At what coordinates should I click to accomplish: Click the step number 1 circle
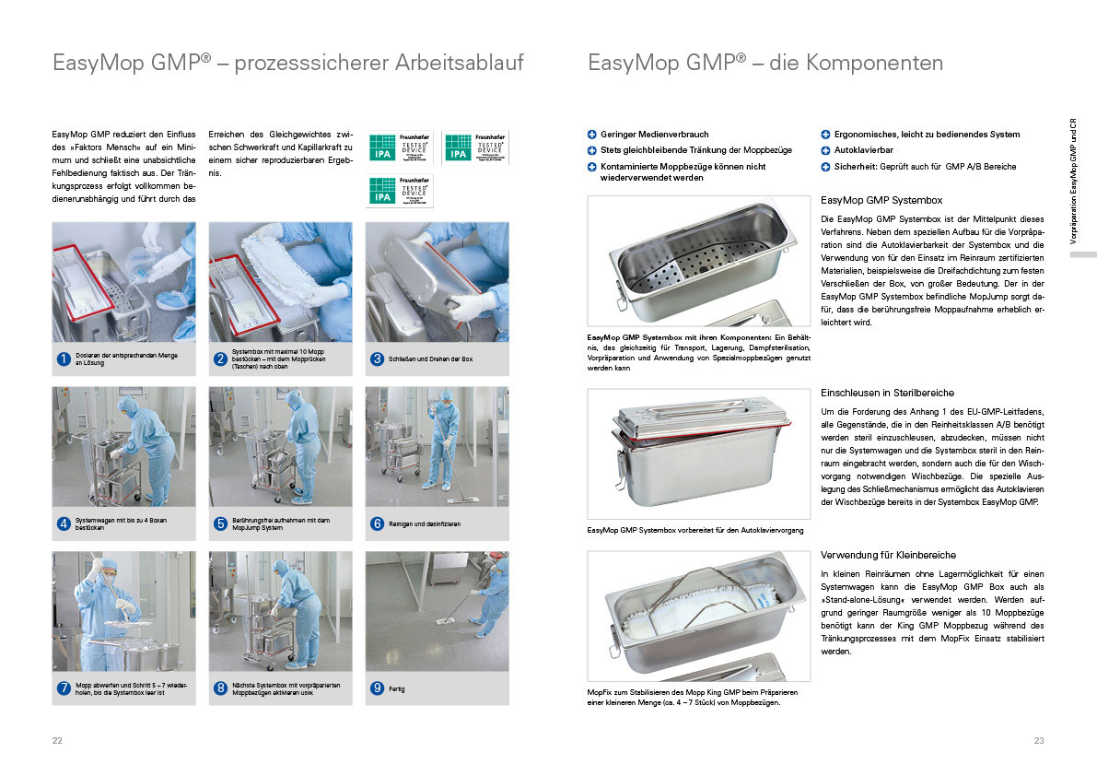point(64,359)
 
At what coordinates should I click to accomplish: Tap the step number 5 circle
point(220,523)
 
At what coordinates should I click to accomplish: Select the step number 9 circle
point(377,688)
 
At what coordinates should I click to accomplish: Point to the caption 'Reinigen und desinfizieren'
point(425,523)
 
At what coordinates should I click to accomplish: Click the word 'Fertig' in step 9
point(398,688)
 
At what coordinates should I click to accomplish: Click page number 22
point(57,741)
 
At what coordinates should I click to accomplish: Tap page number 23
point(1039,741)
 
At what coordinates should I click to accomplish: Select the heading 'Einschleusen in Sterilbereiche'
point(887,393)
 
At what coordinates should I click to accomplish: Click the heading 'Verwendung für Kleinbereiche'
point(888,555)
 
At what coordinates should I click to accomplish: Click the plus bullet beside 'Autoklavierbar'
point(825,150)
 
